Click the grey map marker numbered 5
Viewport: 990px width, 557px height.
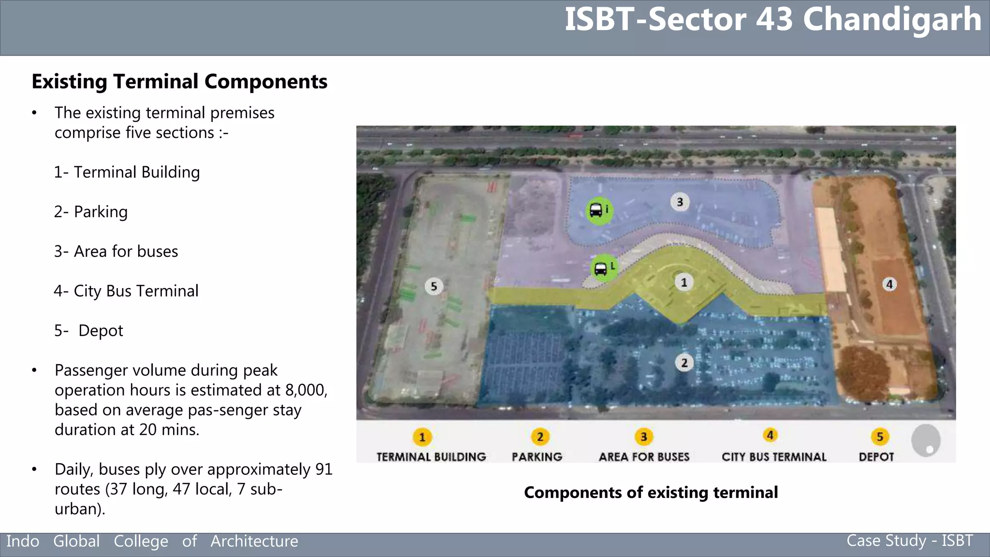(434, 286)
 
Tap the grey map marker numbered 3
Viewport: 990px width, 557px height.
(680, 202)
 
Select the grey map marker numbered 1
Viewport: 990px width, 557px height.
(684, 282)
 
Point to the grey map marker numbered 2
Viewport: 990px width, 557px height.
(684, 363)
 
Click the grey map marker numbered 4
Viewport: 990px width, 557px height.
(889, 284)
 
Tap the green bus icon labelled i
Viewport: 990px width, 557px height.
(599, 210)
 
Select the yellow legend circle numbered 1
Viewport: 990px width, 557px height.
(422, 437)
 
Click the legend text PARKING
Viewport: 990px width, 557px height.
(537, 457)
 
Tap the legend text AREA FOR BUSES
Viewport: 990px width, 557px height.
(644, 457)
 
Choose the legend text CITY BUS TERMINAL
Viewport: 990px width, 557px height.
(774, 457)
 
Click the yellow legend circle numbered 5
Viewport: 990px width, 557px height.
(880, 437)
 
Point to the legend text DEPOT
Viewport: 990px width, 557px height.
(876, 457)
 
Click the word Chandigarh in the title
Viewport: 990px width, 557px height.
(892, 20)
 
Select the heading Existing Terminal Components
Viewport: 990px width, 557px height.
(179, 82)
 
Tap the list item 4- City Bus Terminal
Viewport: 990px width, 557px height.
(126, 291)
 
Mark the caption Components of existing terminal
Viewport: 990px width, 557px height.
(651, 492)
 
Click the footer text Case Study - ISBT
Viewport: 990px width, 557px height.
(909, 541)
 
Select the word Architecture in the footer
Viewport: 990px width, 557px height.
(254, 541)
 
